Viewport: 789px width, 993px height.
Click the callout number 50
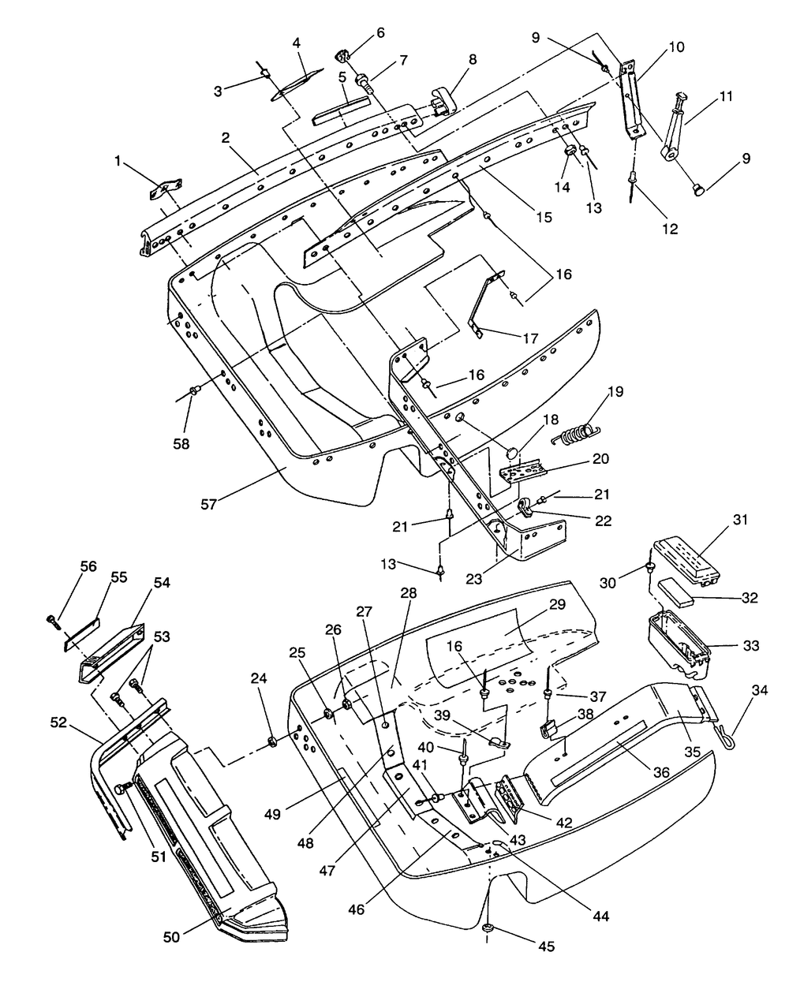[172, 936]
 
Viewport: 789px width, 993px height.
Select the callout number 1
[118, 162]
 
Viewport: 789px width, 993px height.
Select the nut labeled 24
[271, 740]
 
